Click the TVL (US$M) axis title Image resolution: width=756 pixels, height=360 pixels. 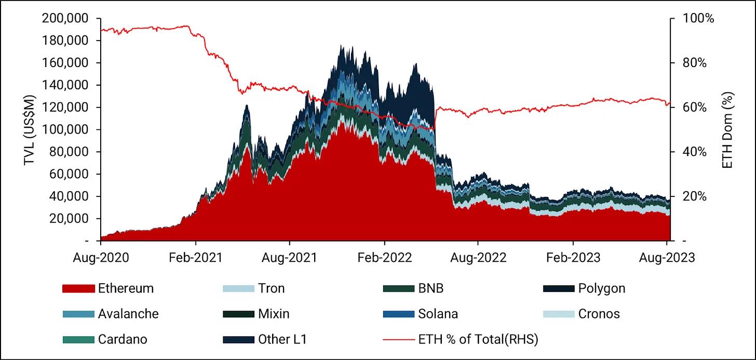[29, 129]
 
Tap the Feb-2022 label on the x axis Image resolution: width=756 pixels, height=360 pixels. [384, 257]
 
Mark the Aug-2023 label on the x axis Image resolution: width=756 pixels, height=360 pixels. [667, 257]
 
